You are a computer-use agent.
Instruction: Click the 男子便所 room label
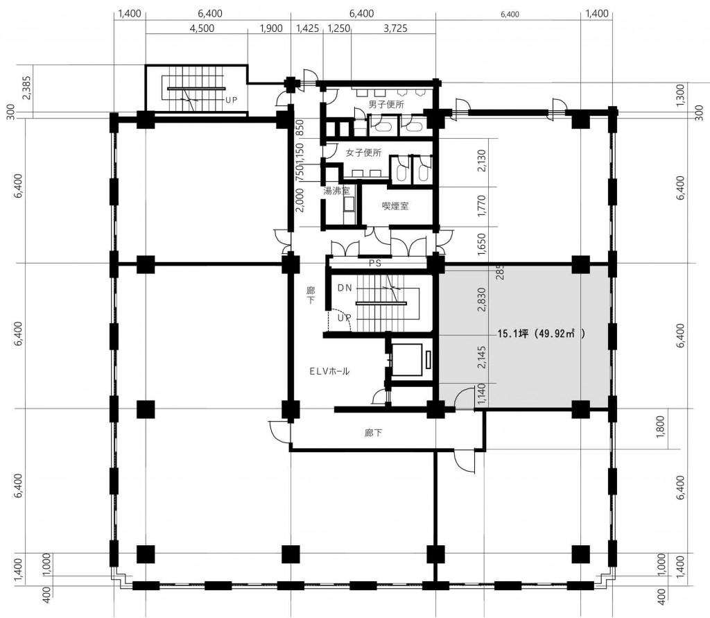coord(386,105)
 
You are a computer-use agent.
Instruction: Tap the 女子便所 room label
coord(363,153)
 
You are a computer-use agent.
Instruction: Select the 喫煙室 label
coord(395,206)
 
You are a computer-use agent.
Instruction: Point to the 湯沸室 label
coord(336,191)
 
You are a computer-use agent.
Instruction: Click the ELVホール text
coord(329,372)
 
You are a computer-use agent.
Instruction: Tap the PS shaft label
coord(375,264)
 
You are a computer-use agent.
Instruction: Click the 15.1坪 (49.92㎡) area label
coord(542,334)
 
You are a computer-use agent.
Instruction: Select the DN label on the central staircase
coord(345,288)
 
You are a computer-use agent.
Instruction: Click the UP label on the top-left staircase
coord(231,100)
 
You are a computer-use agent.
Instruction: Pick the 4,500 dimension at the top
coord(202,28)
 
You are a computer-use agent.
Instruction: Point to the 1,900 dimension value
coord(271,28)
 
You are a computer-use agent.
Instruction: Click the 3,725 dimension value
coord(395,28)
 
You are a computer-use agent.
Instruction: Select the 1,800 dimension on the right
coord(660,427)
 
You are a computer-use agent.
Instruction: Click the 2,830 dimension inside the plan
coord(481,300)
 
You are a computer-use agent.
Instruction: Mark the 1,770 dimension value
coord(481,206)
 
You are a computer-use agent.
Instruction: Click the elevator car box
coord(407,360)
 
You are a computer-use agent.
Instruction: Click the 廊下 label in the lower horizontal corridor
coord(373,433)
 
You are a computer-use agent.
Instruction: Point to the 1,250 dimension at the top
coord(338,28)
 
